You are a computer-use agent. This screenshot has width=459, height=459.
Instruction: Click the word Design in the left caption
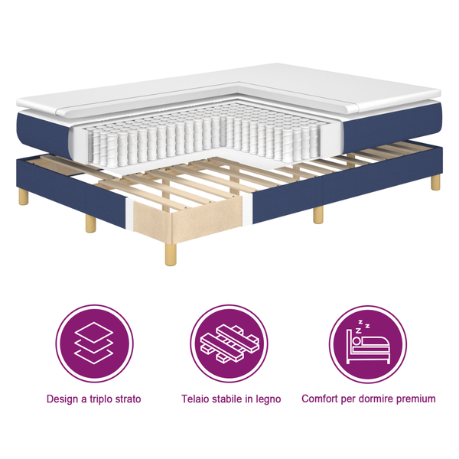coord(62,399)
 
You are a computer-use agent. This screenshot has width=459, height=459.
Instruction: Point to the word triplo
coord(101,399)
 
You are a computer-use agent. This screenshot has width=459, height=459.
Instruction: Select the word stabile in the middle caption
coord(230,399)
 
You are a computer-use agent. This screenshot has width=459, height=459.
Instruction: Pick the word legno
coord(267,399)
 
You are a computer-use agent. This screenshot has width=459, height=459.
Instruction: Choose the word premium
coord(418,399)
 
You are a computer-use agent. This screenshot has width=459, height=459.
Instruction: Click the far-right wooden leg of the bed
coord(435,181)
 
